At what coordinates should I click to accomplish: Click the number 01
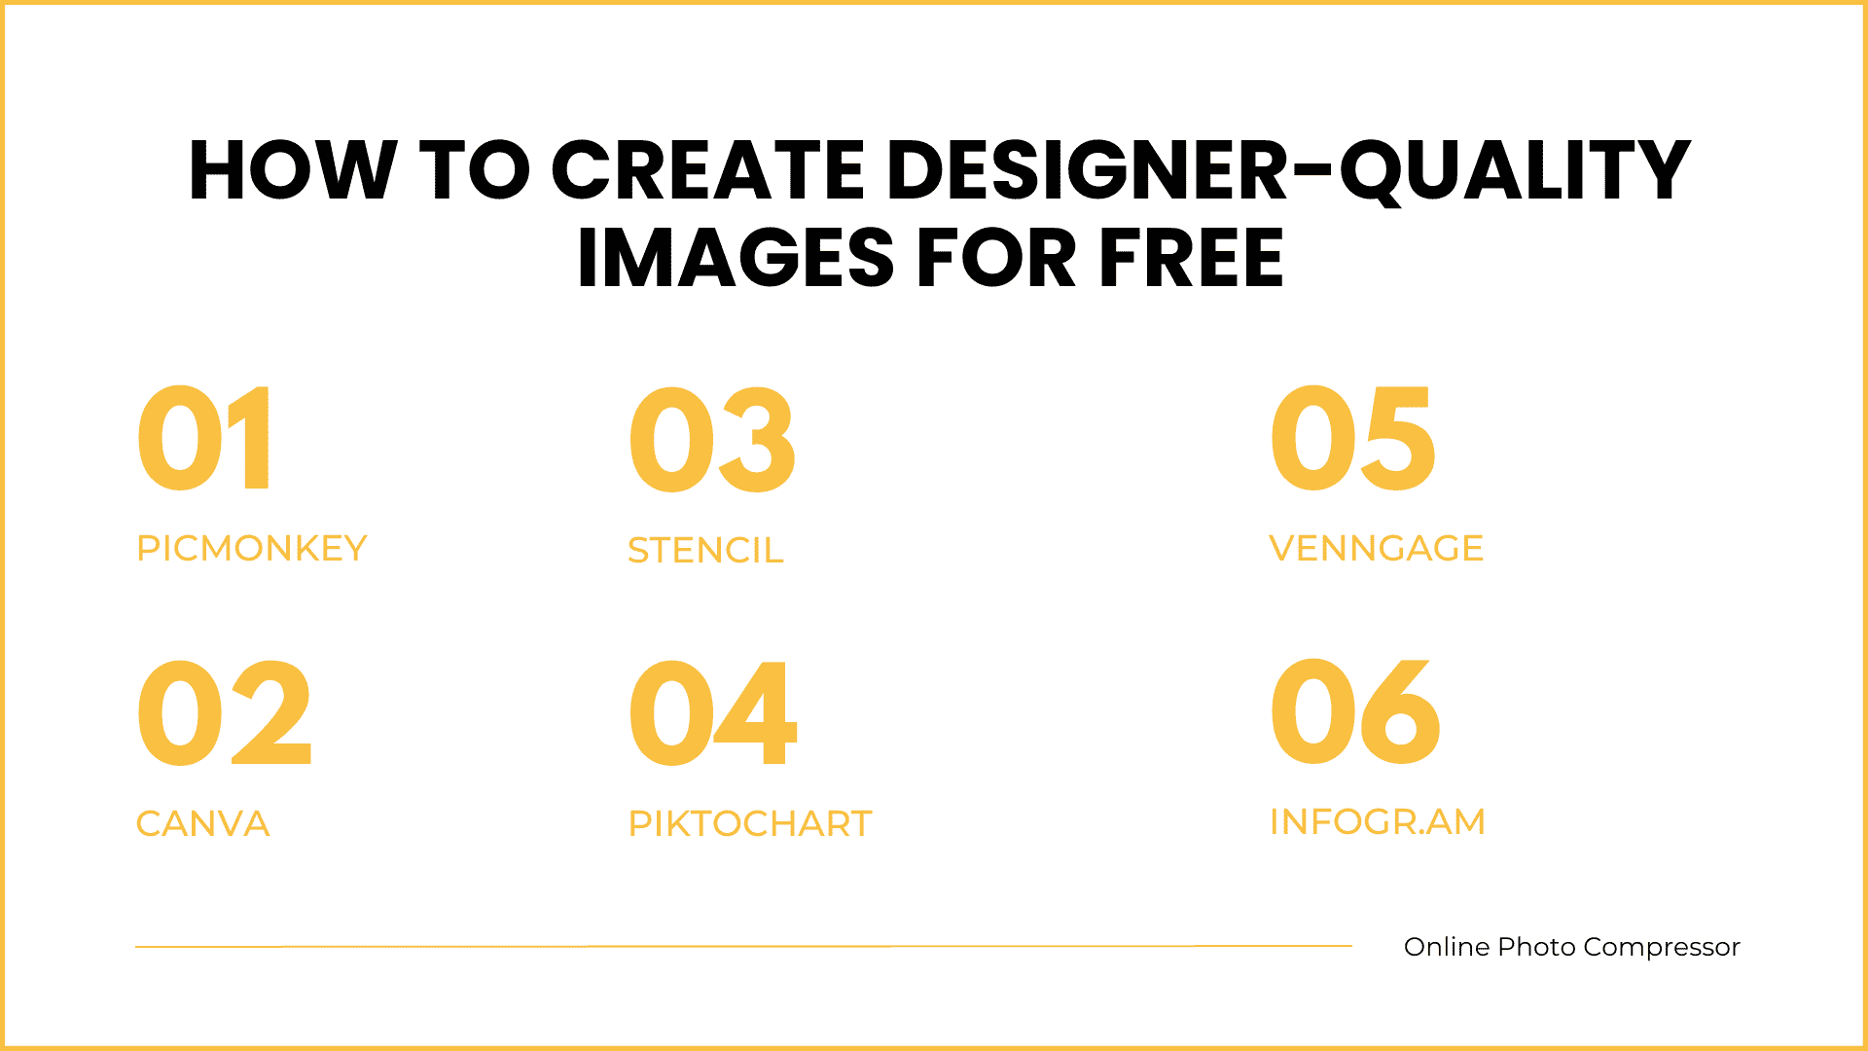pyautogui.click(x=204, y=438)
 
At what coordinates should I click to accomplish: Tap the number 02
pyautogui.click(x=225, y=711)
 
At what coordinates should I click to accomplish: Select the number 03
pyautogui.click(x=712, y=438)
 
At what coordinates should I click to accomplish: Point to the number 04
pyautogui.click(x=713, y=711)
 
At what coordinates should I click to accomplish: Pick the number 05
pyautogui.click(x=1352, y=438)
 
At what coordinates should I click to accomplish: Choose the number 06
pyautogui.click(x=1355, y=711)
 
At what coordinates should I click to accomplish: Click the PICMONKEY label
pyautogui.click(x=252, y=548)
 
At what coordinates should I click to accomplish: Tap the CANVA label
pyautogui.click(x=203, y=823)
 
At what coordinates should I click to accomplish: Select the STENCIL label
pyautogui.click(x=705, y=550)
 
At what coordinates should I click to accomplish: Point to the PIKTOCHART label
pyautogui.click(x=750, y=823)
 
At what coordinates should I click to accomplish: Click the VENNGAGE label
pyautogui.click(x=1377, y=548)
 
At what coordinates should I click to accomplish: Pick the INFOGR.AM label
pyautogui.click(x=1378, y=821)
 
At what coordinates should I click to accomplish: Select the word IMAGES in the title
pyautogui.click(x=736, y=258)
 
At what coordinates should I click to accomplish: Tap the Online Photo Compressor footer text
pyautogui.click(x=1572, y=947)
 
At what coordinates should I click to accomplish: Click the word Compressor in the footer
pyautogui.click(x=1662, y=948)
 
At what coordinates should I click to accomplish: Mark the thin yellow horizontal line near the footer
pyautogui.click(x=743, y=946)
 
